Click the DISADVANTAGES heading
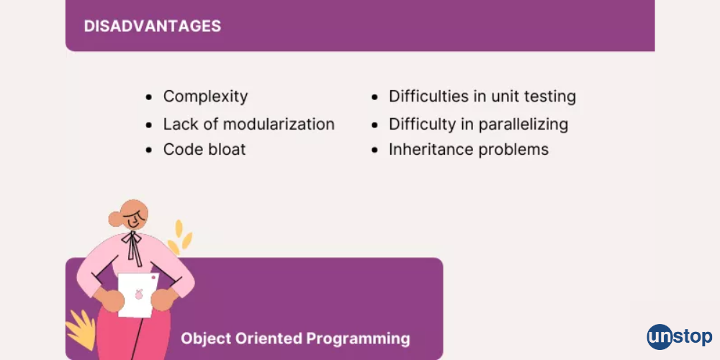click(x=153, y=26)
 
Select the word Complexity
click(x=205, y=97)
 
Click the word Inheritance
click(x=423, y=149)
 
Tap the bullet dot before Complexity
click(x=148, y=97)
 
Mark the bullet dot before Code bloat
click(x=148, y=150)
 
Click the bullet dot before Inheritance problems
click(x=374, y=150)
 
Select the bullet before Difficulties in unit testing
click(x=374, y=97)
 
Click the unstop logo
click(x=680, y=336)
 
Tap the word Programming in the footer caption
click(x=358, y=339)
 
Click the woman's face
click(x=134, y=216)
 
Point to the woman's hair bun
click(x=114, y=219)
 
